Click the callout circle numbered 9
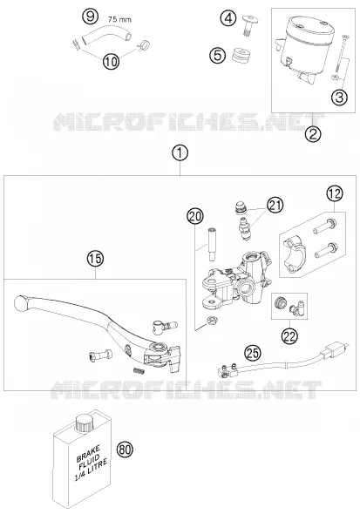click(x=90, y=17)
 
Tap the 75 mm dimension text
click(x=119, y=20)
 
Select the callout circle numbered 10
click(x=112, y=61)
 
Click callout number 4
click(x=228, y=18)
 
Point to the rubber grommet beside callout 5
click(x=240, y=56)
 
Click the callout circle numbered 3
click(x=340, y=98)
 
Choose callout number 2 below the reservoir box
click(x=313, y=134)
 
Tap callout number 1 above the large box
click(x=180, y=153)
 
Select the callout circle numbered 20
click(x=195, y=216)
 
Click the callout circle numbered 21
click(x=275, y=206)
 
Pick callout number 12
click(x=335, y=193)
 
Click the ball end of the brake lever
click(x=21, y=303)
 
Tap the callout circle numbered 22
click(x=290, y=335)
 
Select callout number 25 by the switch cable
click(x=253, y=354)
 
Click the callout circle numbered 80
click(x=125, y=450)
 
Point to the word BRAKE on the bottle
click(x=88, y=453)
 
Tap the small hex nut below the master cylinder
click(x=212, y=319)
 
